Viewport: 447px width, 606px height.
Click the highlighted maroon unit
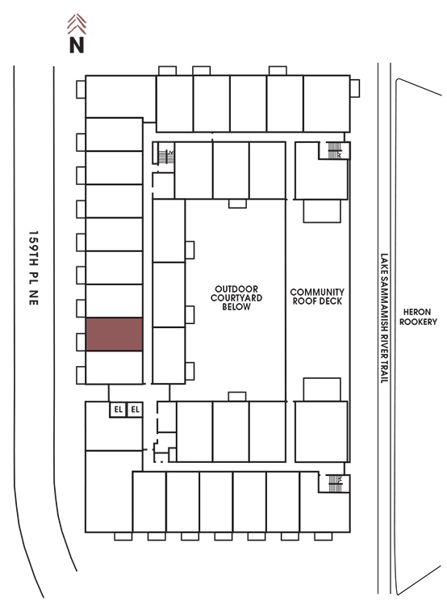tap(115, 335)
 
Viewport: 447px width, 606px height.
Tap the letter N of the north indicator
tap(77, 44)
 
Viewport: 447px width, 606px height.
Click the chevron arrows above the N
tap(77, 24)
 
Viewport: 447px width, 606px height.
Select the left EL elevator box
tap(118, 410)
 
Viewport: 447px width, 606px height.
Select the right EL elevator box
tap(135, 410)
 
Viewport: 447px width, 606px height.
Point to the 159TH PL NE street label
tap(34, 268)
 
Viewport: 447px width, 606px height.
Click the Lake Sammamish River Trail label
tap(384, 318)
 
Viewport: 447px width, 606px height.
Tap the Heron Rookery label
tap(418, 317)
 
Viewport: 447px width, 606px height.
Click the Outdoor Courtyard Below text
tap(236, 297)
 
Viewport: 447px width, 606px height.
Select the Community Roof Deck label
tap(317, 297)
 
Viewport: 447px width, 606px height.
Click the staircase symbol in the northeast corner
tap(334, 150)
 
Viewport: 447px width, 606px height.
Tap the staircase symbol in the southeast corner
tap(335, 483)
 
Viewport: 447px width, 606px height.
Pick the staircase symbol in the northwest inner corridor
tap(166, 157)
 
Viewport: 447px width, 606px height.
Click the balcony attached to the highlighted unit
tap(81, 342)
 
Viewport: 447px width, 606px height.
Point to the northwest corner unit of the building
tap(120, 97)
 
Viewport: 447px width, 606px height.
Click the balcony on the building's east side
tap(355, 89)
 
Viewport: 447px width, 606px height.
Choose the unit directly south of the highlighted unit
tap(115, 368)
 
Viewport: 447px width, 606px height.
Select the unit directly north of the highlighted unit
tap(115, 301)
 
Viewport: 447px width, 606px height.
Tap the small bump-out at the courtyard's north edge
tap(237, 204)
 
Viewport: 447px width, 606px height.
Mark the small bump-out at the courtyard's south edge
tap(237, 397)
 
